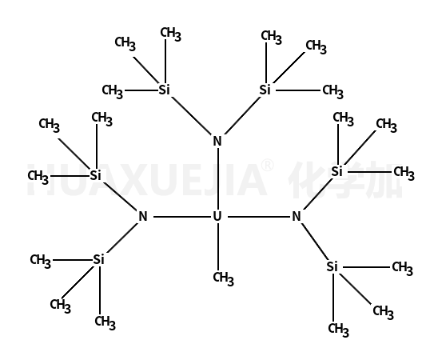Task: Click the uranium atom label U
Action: pos(217,217)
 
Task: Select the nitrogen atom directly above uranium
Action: pos(217,141)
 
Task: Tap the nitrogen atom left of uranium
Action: pos(143,217)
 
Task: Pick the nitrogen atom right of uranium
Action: pos(297,217)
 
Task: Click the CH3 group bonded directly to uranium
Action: pos(223,278)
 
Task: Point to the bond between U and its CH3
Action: pos(218,246)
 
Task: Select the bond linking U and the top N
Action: pos(218,179)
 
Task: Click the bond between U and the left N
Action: pos(181,217)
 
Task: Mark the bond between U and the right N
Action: pos(259,217)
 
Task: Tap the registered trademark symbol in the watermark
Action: pos(267,166)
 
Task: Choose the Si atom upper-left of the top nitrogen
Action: pos(165,90)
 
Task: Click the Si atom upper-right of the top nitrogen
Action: pos(265,90)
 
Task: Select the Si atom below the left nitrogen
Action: pos(99,259)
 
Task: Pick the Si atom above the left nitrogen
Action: pos(95,175)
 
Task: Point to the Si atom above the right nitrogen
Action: pos(337,171)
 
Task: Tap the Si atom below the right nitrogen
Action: pos(332,266)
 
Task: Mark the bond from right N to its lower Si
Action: pos(315,241)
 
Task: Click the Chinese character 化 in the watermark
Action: pos(305,179)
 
